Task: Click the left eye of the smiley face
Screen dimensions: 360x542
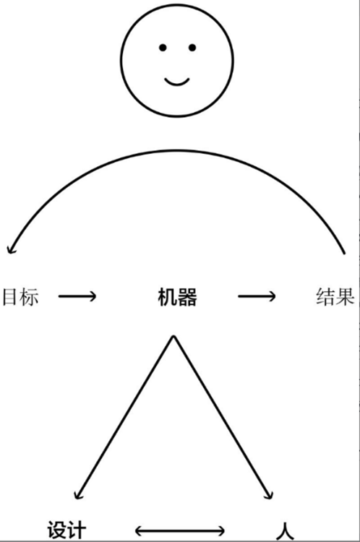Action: tap(163, 48)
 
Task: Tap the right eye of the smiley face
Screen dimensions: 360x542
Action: tap(192, 48)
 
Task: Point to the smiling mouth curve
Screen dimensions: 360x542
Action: tap(176, 82)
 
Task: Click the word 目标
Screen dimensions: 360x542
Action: tap(20, 296)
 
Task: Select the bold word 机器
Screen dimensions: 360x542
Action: tap(177, 297)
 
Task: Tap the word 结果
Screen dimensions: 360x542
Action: tap(335, 296)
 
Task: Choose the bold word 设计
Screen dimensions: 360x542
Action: tap(67, 530)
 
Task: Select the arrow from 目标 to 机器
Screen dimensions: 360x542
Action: tap(77, 296)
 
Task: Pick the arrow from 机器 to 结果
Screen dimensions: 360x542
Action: tap(257, 296)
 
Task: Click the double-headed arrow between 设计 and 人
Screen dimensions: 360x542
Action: tap(179, 530)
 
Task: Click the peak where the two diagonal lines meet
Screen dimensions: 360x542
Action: tap(173, 337)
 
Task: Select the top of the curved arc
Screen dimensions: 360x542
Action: tap(177, 151)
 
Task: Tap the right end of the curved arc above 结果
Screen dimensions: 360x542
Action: tap(344, 254)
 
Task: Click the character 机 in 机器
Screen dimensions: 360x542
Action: tap(168, 297)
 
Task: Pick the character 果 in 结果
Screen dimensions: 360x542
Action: tap(345, 296)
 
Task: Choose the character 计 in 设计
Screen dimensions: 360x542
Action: tap(77, 530)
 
